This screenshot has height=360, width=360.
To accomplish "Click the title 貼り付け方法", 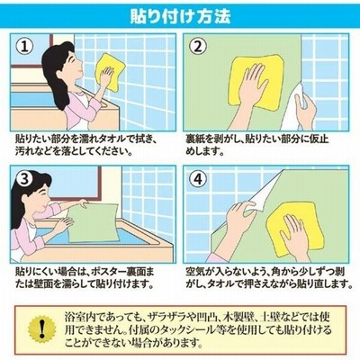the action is (x=180, y=16).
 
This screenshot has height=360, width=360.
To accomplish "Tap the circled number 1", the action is (x=24, y=47).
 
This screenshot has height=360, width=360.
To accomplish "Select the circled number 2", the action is (x=198, y=47).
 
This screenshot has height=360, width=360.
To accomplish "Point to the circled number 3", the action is (x=24, y=179).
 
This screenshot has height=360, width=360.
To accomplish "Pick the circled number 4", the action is (x=198, y=179).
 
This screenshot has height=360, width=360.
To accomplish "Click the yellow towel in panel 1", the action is (x=109, y=71).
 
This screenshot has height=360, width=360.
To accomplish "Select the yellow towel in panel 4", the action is (x=295, y=228).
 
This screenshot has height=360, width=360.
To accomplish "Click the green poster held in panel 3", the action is (x=92, y=222).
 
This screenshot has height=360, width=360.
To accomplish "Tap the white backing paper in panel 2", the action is (x=295, y=108).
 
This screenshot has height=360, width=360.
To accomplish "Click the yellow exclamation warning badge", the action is (x=41, y=329).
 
